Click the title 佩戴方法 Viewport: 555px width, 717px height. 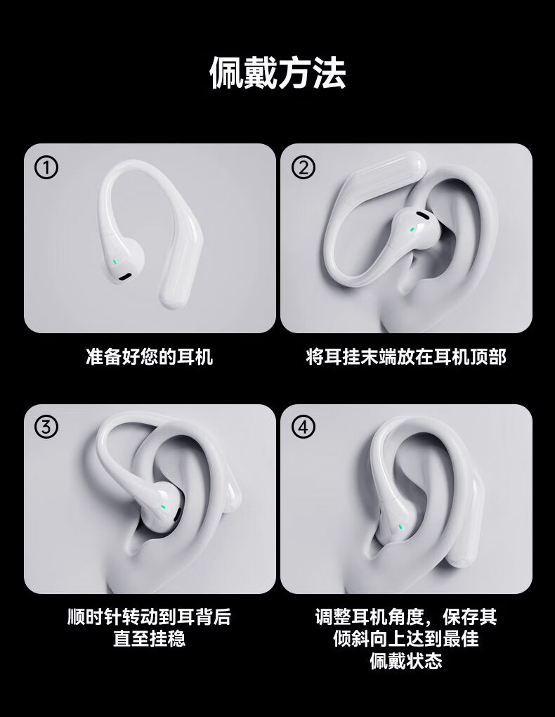pos(277,73)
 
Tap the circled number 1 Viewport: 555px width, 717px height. pos(46,168)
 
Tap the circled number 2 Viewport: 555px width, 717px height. pos(303,168)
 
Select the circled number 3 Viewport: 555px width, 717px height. pos(46,427)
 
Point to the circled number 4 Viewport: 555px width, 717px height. pos(303,427)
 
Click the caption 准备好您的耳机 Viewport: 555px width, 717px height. pos(150,356)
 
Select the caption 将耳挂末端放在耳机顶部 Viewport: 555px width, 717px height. pos(406,356)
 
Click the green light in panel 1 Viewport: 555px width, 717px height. pos(115,262)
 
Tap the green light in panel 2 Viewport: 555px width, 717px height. pos(413,228)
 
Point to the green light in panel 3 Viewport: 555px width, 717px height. pos(163,507)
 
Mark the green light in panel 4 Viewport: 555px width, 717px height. pos(400,527)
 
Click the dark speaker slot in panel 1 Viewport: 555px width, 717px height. pos(125,276)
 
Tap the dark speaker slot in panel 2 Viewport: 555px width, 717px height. pos(424,214)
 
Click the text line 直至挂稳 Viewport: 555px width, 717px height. pos(150,638)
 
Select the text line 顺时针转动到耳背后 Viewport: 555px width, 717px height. pos(150,617)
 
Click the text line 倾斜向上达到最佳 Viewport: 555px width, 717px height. pos(406,638)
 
